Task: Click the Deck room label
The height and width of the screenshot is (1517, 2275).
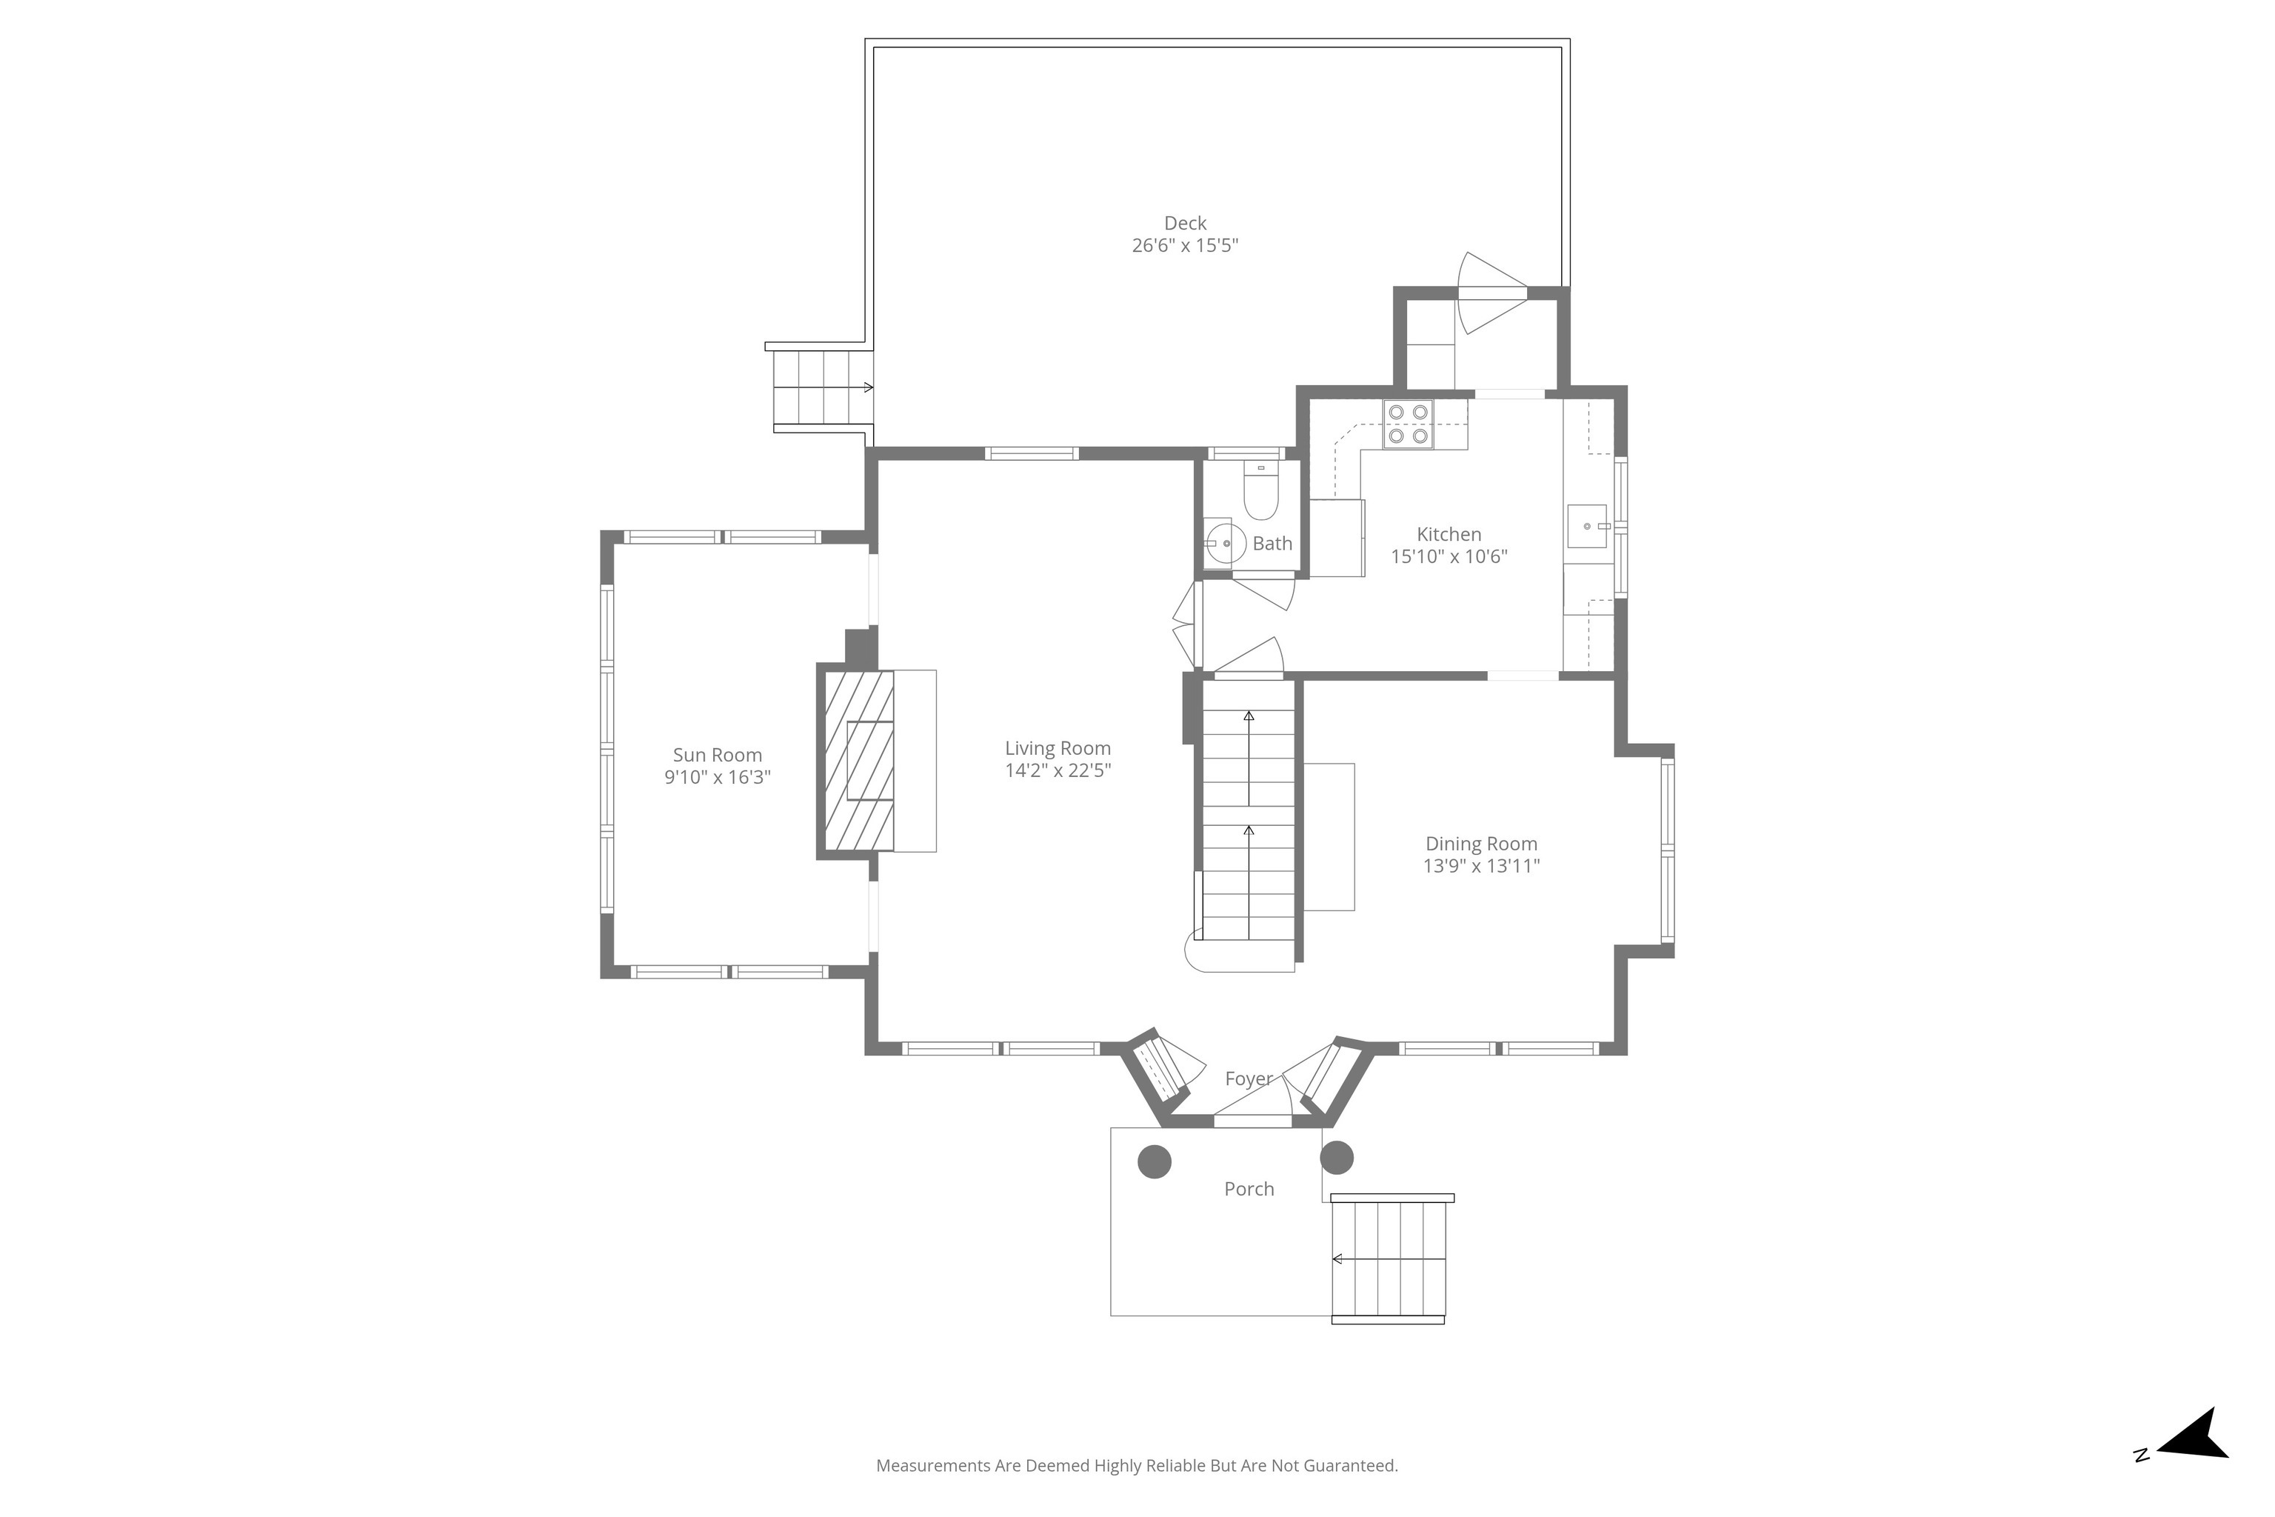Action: (x=1185, y=224)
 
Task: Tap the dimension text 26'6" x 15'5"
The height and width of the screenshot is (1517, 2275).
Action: (x=1185, y=246)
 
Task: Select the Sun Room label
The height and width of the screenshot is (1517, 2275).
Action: (x=718, y=756)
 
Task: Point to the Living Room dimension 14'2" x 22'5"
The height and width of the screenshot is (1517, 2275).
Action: (x=1058, y=771)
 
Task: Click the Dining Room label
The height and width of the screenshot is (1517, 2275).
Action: (x=1481, y=844)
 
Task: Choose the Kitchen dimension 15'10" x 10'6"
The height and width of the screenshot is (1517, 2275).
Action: (x=1449, y=556)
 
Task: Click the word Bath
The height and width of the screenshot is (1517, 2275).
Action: (x=1272, y=544)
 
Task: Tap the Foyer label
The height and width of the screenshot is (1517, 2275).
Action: (x=1249, y=1078)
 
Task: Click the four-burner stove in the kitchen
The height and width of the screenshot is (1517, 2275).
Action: (x=1409, y=424)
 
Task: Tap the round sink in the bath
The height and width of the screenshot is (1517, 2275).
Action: (x=1225, y=544)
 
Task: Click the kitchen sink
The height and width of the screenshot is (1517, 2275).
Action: (x=1587, y=527)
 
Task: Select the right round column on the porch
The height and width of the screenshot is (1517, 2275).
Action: (x=1336, y=1157)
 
